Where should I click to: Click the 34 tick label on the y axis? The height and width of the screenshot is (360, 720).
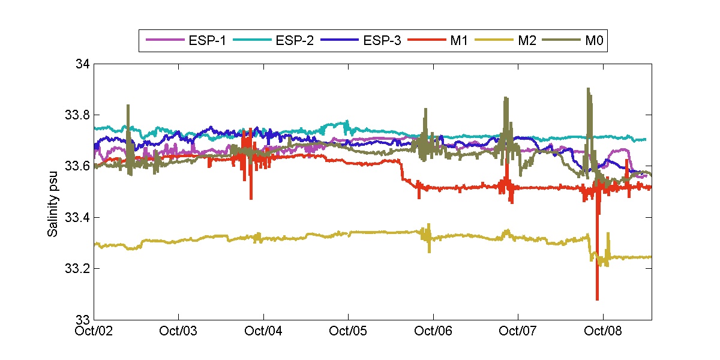tap(83, 64)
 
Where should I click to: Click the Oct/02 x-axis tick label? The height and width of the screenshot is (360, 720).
tap(97, 331)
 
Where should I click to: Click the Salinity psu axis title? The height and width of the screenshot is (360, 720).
tap(53, 191)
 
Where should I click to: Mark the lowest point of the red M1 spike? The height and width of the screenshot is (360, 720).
tap(597, 299)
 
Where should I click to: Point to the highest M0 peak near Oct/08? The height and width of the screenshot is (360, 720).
tap(588, 89)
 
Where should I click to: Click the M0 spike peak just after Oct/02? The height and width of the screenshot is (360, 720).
tap(128, 105)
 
